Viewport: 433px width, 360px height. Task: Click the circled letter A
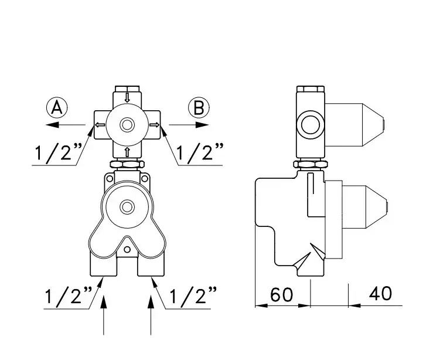57,108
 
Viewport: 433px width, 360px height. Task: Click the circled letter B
199,108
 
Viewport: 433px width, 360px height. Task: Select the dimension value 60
281,294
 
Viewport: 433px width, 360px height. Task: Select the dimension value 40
380,293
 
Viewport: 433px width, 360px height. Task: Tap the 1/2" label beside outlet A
58,152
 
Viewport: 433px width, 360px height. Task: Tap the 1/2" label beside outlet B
200,152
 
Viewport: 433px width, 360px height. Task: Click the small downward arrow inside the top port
127,97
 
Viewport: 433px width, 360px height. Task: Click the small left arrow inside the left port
100,125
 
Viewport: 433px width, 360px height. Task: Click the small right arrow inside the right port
155,125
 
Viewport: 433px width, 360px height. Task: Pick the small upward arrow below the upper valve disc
127,152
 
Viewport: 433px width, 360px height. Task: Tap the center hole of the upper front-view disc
127,125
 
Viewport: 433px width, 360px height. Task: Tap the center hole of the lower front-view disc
127,206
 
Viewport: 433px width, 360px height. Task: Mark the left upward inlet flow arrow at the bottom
104,315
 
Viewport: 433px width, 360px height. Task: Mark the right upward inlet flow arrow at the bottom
151,315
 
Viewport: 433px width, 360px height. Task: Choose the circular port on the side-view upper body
311,124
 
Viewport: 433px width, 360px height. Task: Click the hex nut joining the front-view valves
127,164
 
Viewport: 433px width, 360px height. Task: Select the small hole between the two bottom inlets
127,250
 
